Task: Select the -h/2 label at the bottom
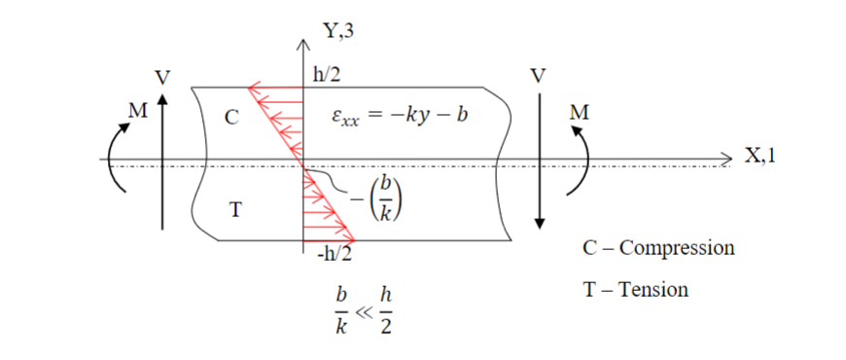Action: tap(333, 255)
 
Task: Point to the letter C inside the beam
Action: tap(231, 118)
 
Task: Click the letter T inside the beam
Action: tap(234, 209)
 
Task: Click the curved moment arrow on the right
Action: tap(585, 161)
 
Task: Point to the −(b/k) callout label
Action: tap(379, 200)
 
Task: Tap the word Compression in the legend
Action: tap(676, 247)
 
